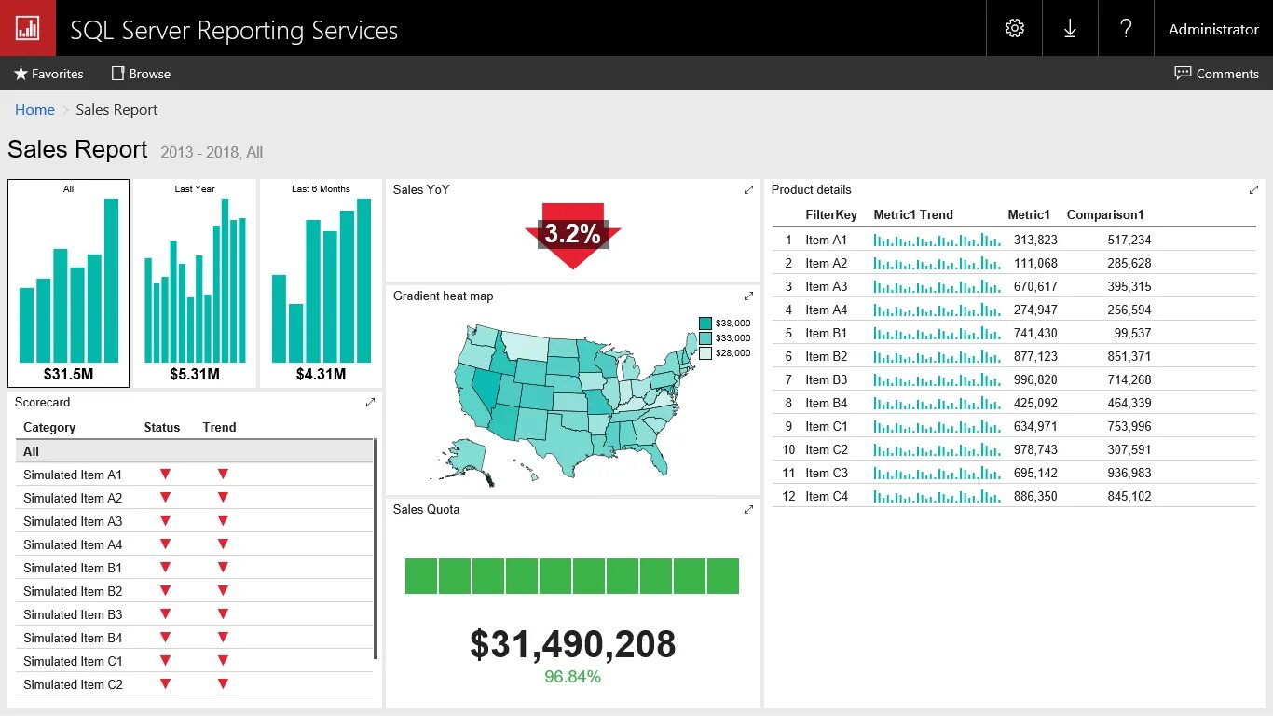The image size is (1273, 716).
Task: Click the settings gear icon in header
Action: (1015, 28)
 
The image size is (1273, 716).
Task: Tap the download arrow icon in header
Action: (1070, 28)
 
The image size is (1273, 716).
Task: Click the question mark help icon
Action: (1126, 28)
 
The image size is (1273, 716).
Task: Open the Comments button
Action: (1216, 74)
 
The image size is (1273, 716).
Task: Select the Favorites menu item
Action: (48, 74)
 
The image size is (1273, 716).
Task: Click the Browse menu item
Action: (141, 74)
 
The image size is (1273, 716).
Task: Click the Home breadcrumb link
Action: (34, 110)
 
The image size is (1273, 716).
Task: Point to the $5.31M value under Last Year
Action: (195, 374)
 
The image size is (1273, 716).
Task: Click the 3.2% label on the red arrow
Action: (572, 234)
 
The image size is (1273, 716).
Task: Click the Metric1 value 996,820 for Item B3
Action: (1035, 379)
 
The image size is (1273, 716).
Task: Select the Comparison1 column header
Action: (1104, 214)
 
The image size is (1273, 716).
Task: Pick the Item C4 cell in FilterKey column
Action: (827, 496)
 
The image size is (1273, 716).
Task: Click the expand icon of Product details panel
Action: (1253, 190)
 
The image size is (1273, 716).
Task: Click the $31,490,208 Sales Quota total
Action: (572, 644)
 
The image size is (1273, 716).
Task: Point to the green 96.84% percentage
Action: (572, 677)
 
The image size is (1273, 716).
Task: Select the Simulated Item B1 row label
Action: (73, 568)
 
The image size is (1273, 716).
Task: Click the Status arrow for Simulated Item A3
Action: (165, 521)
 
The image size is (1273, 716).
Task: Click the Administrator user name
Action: (1213, 29)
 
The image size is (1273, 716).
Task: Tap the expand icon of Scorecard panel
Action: (370, 403)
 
